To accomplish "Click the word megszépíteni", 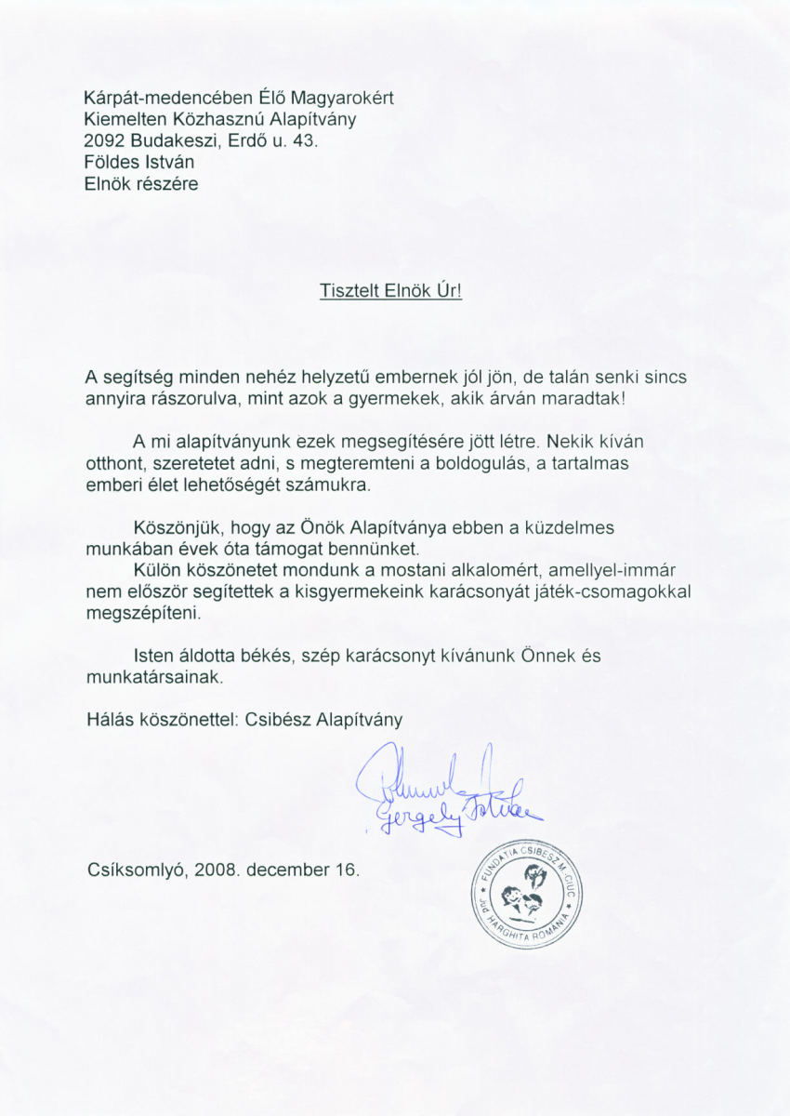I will click(x=141, y=614).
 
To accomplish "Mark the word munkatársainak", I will click(x=154, y=678).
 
